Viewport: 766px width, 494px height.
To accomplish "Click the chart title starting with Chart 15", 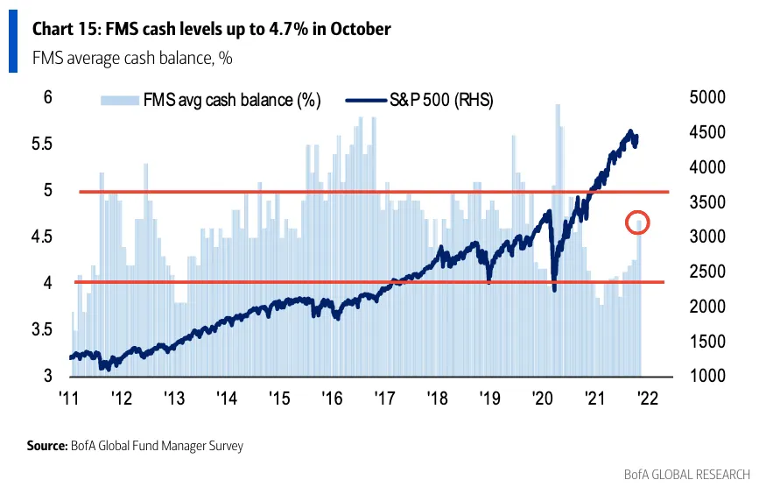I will (211, 29).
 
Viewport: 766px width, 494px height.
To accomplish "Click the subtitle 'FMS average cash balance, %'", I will (132, 59).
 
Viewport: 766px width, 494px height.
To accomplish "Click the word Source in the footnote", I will (46, 446).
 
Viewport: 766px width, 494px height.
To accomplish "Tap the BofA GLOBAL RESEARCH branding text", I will (687, 475).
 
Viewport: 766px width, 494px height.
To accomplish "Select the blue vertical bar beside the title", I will (13, 42).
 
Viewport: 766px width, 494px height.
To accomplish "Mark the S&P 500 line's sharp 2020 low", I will (555, 290).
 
